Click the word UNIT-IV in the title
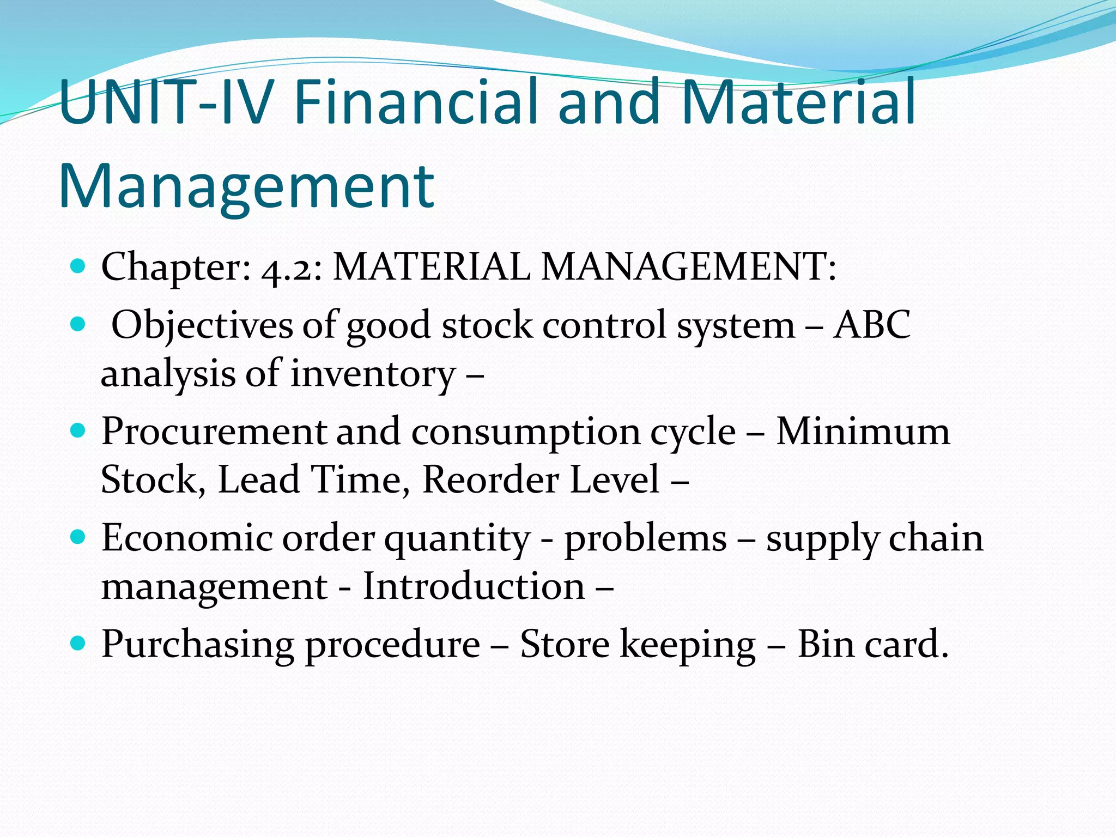163,102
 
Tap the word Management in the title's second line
246,186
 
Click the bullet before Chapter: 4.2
78,266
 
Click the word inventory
373,374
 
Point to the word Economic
186,538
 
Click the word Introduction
474,587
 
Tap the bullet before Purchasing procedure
78,643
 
